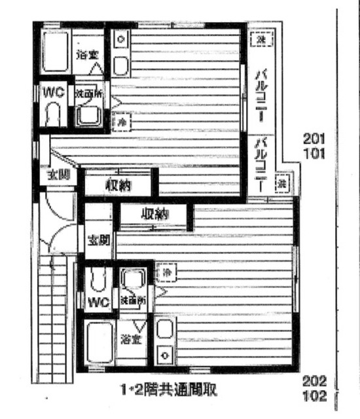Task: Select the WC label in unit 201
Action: tap(54, 92)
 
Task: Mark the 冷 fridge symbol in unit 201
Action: tap(120, 120)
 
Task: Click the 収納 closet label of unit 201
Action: tap(118, 185)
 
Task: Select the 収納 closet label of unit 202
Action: tap(154, 214)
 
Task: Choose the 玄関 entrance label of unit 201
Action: tap(55, 175)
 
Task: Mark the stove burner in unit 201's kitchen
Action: tap(120, 40)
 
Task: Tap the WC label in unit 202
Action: tap(98, 302)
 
